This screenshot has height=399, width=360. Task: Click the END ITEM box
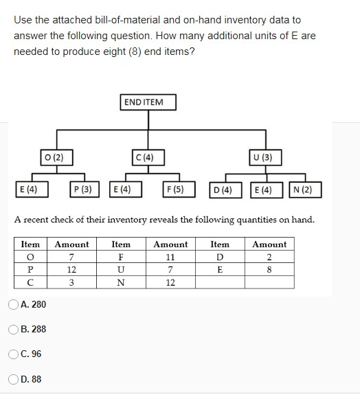pyautogui.click(x=147, y=102)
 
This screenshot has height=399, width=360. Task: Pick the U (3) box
pyautogui.click(x=263, y=157)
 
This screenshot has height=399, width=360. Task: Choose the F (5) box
pyautogui.click(x=178, y=189)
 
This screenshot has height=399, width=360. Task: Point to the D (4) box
pyautogui.click(x=227, y=189)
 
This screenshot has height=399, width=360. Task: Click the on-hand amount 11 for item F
pyautogui.click(x=170, y=257)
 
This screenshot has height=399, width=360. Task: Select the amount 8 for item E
pyautogui.click(x=269, y=269)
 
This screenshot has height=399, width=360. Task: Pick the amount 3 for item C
pyautogui.click(x=71, y=282)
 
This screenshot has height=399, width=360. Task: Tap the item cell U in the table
pyautogui.click(x=121, y=269)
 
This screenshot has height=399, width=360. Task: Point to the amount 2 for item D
pyautogui.click(x=269, y=257)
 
